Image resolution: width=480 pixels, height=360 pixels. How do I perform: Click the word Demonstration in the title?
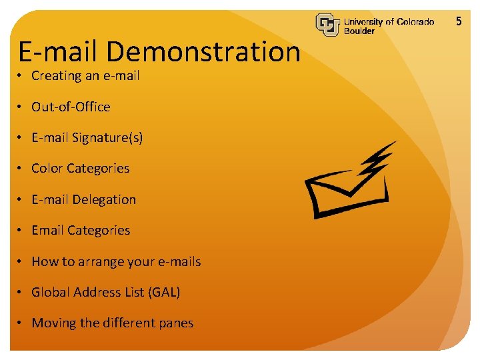coord(203,52)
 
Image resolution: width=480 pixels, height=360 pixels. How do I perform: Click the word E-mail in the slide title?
coord(58,52)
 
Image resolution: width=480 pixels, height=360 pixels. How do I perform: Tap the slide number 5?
coord(459,21)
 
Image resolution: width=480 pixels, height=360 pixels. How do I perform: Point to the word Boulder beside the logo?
coord(359,31)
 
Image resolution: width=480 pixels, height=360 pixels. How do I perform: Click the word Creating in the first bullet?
coord(57,76)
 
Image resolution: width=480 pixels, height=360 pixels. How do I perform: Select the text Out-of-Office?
coord(71,107)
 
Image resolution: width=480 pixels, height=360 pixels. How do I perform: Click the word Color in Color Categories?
coord(47,169)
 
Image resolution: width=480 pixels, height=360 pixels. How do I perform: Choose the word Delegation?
coord(104,199)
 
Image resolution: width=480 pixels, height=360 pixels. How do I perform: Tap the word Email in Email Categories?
coord(47,230)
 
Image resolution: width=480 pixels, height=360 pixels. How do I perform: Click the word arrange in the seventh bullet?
coord(103,262)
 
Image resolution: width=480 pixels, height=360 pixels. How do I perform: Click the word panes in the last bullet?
coord(175,323)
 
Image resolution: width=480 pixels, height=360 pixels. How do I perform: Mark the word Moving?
coord(54,323)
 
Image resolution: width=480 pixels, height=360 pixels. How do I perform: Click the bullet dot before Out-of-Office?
coord(22,107)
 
